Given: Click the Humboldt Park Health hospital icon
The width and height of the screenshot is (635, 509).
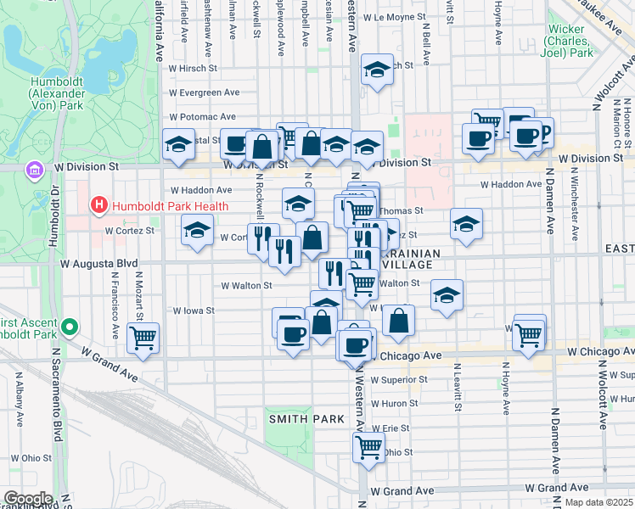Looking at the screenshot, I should [99, 205].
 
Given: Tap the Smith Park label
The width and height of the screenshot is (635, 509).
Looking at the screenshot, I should [306, 419].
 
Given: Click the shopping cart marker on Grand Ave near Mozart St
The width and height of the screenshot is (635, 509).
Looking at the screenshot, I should [143, 337].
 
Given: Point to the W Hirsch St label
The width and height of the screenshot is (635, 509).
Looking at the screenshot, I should [193, 68].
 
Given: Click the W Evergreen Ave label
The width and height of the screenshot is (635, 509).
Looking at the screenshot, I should [204, 92].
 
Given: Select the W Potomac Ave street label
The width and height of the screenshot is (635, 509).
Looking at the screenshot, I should [202, 117].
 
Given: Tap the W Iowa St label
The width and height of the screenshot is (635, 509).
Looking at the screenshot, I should [193, 311].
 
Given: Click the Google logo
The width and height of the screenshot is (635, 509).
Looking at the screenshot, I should [28, 498].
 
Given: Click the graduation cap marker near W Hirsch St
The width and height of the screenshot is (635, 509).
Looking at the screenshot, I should [377, 70].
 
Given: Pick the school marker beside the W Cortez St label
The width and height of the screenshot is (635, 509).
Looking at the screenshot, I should [197, 231].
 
